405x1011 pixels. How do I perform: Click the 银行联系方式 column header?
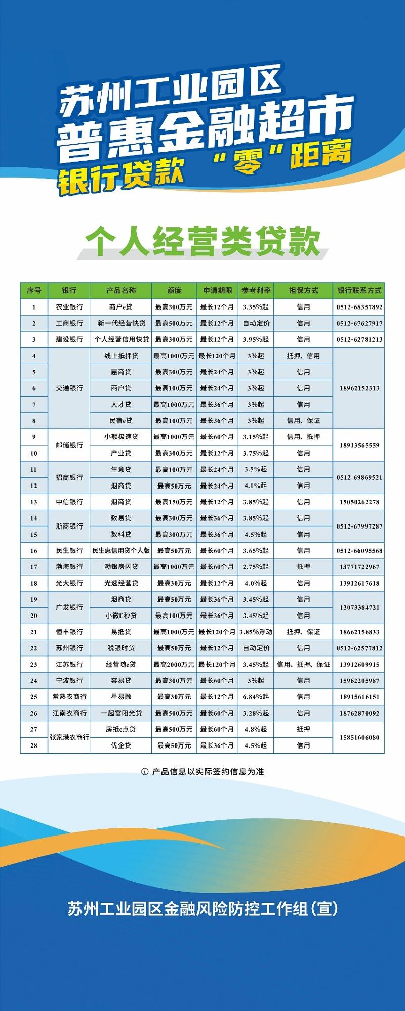359,290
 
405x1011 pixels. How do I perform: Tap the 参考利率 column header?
256,290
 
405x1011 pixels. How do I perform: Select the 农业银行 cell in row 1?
69,307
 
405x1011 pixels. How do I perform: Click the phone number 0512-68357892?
359,307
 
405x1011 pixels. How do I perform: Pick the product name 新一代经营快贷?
121,323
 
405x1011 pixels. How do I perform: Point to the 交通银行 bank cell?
69,388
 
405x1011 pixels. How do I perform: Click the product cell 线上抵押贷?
121,356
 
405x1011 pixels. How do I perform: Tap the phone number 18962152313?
359,388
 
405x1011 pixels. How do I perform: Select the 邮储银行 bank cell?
69,445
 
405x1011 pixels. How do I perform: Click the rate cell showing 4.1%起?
256,486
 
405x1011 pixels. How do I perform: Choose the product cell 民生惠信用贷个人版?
121,550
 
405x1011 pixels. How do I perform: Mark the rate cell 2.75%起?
256,567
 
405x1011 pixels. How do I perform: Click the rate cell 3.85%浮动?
256,632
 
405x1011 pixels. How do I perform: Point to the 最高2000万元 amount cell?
174,664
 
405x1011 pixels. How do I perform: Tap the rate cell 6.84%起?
256,696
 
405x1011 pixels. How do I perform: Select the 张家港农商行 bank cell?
69,737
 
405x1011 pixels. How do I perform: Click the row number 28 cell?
34,745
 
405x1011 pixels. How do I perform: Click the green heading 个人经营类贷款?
202,242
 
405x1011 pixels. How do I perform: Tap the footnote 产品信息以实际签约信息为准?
208,772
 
